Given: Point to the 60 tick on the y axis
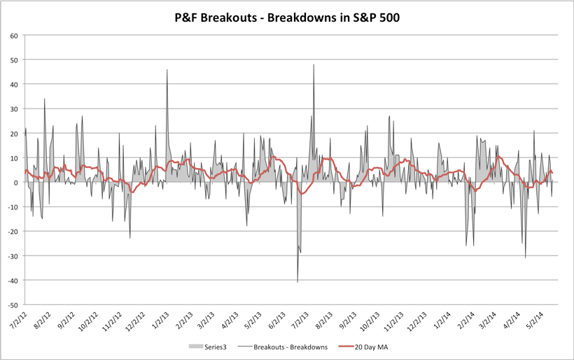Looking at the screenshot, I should click(13, 35).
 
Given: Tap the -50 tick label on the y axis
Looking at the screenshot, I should click(12, 305).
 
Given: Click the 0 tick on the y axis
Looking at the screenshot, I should click(15, 182).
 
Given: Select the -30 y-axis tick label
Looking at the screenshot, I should click(12, 256).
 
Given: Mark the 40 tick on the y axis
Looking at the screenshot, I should click(13, 84).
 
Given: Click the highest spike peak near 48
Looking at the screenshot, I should click(314, 65).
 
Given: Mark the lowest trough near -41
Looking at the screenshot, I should click(297, 282).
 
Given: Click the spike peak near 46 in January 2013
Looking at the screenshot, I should click(167, 70).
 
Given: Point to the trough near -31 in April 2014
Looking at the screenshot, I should click(526, 258).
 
